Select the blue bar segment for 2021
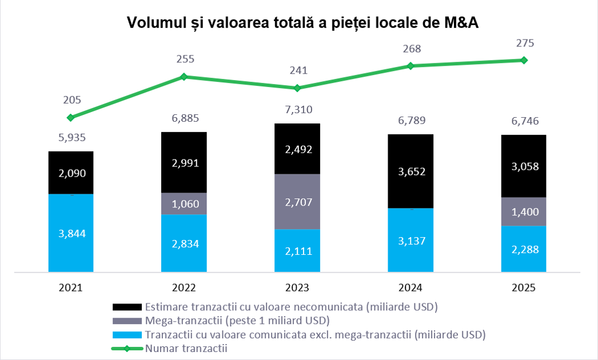pos(71,233)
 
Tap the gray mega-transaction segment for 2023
pos(297,201)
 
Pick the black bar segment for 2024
pos(410,171)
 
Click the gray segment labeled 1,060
pos(184,203)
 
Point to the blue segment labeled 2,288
pos(524,249)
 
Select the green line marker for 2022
pos(184,77)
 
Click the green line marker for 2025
pos(523,60)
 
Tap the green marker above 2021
pos(71,118)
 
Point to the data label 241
pos(298,71)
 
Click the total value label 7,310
pos(298,110)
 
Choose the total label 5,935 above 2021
pos(71,138)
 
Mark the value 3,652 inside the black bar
pos(410,171)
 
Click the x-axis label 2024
pos(410,288)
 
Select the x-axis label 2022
pos(184,288)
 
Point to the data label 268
pos(411,49)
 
